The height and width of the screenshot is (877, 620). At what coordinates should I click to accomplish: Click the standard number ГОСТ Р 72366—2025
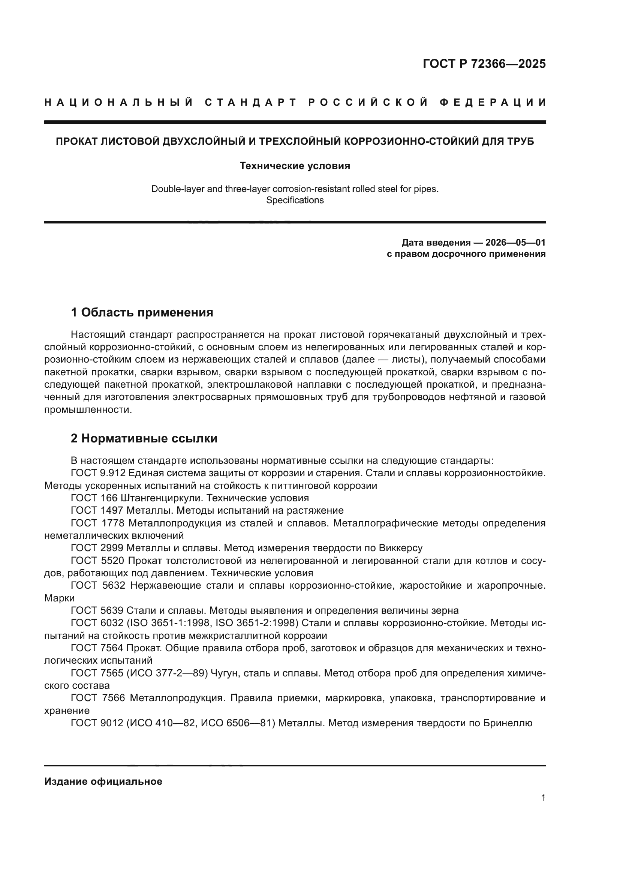click(484, 64)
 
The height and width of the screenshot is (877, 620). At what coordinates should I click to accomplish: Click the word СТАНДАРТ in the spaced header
click(250, 102)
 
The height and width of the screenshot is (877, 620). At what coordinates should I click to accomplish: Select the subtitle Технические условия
click(295, 166)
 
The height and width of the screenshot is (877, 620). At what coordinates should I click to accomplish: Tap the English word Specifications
click(295, 200)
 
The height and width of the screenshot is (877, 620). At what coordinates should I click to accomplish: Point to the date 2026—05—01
click(515, 243)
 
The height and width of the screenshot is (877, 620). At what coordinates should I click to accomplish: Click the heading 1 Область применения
click(142, 312)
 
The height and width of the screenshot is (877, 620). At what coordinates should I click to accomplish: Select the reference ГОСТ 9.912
click(98, 473)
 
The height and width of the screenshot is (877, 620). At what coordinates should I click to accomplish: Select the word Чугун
click(225, 673)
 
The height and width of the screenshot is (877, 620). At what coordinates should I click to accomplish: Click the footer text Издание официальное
click(103, 781)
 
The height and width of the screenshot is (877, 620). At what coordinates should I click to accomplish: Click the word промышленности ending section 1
click(87, 410)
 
